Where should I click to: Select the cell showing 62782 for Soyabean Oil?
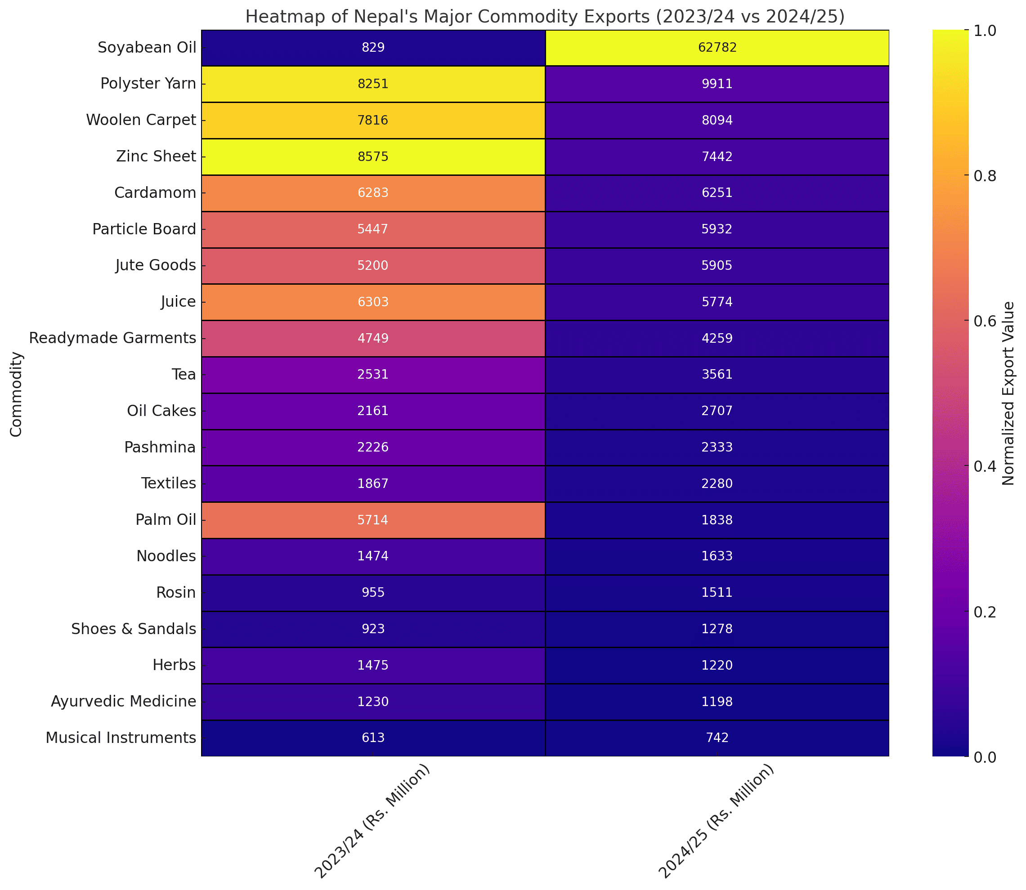click(717, 48)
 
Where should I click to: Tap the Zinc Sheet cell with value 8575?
click(373, 157)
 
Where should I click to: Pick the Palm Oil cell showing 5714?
click(373, 520)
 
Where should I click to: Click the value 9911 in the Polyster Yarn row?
click(717, 84)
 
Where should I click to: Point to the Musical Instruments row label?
click(121, 738)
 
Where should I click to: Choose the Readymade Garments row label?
click(113, 338)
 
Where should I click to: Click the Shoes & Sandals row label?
click(134, 629)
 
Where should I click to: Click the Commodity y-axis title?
click(16, 394)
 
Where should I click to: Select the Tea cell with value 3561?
click(717, 375)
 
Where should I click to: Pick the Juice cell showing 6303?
click(373, 302)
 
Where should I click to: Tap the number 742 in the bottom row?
click(717, 738)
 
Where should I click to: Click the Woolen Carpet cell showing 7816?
click(373, 120)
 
